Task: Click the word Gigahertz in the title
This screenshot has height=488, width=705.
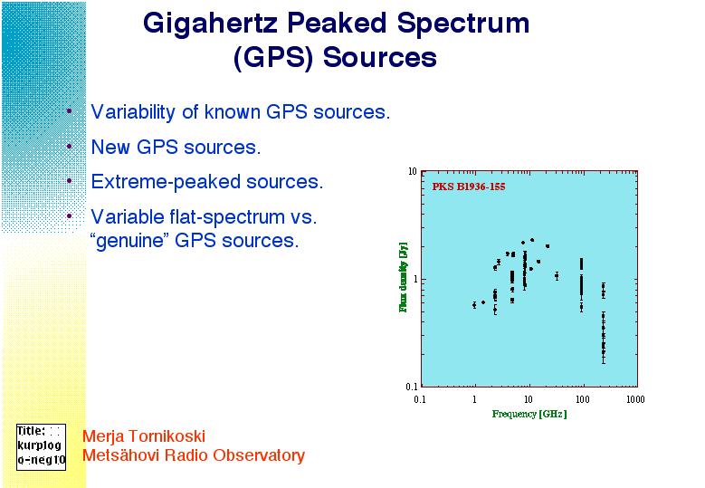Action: coord(211,24)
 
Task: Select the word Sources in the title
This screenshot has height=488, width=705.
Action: coord(379,58)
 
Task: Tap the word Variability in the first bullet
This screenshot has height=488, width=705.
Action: coord(133,112)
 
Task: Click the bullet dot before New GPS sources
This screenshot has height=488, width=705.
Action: coord(70,146)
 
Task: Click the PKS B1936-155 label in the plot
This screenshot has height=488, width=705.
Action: coord(469,187)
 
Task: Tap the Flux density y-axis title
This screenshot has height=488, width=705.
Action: coord(403,277)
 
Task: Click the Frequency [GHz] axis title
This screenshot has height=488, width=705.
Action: coord(529,414)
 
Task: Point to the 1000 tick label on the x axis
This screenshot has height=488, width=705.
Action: coord(635,399)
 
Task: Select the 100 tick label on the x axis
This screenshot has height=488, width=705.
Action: coord(582,399)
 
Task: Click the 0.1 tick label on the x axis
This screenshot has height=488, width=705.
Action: coord(420,399)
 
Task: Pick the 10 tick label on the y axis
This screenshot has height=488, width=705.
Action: coord(413,171)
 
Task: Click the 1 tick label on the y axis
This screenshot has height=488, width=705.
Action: coord(415,279)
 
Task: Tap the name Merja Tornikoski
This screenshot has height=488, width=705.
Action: coord(144,435)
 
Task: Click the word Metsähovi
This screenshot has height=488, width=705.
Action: coord(120,455)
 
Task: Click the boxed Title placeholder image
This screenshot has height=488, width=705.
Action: coord(41,447)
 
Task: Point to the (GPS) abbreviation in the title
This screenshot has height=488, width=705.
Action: coord(273,59)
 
